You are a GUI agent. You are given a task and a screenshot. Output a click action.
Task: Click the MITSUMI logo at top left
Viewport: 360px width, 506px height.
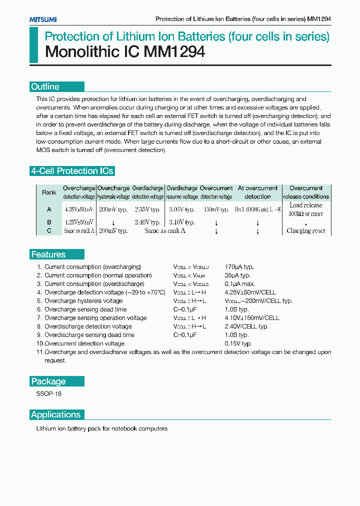[42, 19]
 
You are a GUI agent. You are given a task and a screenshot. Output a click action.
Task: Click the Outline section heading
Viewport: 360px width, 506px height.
[45, 86]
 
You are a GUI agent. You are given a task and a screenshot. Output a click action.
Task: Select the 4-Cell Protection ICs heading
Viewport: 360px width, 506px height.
[72, 171]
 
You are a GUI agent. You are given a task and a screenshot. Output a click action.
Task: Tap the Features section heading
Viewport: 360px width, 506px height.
[48, 254]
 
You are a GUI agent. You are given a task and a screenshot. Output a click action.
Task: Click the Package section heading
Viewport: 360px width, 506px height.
[48, 381]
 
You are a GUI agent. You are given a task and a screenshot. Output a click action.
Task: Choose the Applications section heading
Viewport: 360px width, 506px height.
[55, 414]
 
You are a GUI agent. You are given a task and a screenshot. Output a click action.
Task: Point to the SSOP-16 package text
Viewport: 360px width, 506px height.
[49, 394]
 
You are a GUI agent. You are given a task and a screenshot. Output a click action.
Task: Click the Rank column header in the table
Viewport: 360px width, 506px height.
[49, 192]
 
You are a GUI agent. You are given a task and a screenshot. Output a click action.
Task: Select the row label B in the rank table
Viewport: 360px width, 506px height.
[49, 222]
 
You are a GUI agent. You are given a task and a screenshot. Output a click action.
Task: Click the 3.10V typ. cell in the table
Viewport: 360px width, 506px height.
[182, 222]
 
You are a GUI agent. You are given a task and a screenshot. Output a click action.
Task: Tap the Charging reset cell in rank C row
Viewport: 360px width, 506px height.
[306, 231]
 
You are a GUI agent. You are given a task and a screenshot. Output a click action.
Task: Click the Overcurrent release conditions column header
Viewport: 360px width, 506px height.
[306, 192]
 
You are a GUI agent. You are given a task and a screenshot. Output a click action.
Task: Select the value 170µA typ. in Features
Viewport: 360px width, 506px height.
[238, 267]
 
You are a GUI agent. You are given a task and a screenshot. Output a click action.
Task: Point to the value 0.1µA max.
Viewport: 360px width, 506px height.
[238, 284]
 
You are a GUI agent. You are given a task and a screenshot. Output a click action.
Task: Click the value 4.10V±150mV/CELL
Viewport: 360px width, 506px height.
[252, 318]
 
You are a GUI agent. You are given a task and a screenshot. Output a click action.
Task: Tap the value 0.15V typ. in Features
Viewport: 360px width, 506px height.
[238, 343]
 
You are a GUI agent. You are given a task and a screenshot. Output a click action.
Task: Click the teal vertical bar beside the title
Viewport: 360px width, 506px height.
[33, 45]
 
